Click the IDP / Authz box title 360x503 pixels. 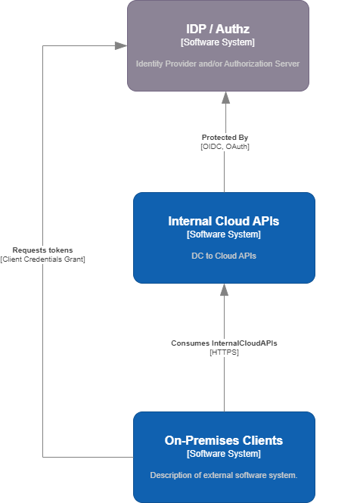point(218,29)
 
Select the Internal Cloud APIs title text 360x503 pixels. point(224,221)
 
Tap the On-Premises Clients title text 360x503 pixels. point(224,440)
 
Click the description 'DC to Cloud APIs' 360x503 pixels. point(224,256)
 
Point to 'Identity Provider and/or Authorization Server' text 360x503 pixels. point(218,64)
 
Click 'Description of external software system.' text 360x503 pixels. point(224,475)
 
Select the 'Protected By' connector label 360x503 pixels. point(225,138)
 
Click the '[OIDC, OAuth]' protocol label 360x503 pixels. point(225,146)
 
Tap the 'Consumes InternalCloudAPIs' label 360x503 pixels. point(224,343)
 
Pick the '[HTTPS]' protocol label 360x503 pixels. point(224,352)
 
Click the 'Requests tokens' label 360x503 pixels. point(43,250)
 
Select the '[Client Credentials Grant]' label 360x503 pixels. point(43,259)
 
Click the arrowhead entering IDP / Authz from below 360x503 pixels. point(225,97)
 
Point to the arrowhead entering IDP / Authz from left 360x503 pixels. point(121,45)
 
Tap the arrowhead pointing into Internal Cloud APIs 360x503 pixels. point(224,289)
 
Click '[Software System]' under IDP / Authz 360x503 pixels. point(218,42)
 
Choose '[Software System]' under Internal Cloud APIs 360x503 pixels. point(224,234)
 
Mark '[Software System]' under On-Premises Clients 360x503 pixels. point(224,454)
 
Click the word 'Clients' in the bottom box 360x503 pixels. point(261,440)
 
